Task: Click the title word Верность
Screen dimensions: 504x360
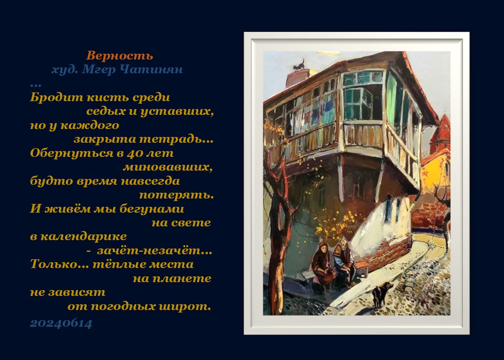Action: tap(120, 55)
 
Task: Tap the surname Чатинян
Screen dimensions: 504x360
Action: tap(151, 70)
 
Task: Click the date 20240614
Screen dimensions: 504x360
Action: tap(61, 324)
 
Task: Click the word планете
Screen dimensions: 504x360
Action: tap(182, 279)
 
